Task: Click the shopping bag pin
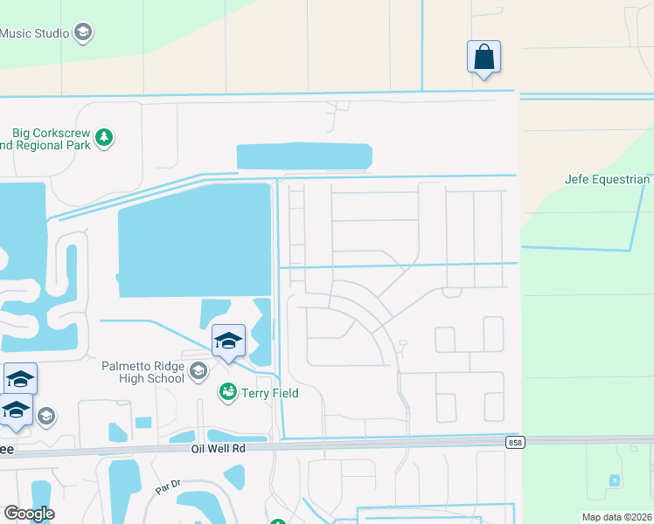484,58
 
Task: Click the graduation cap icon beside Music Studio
83,33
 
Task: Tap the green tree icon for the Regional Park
105,138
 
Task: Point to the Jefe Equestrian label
608,180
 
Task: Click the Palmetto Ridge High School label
143,372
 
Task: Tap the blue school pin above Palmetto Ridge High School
228,341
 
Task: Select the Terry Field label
270,393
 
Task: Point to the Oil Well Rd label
220,447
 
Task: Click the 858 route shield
516,443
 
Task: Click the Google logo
29,514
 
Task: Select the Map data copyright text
616,517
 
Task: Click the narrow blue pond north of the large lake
304,156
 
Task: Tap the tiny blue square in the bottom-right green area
615,480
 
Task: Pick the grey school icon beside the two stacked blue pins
46,416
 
